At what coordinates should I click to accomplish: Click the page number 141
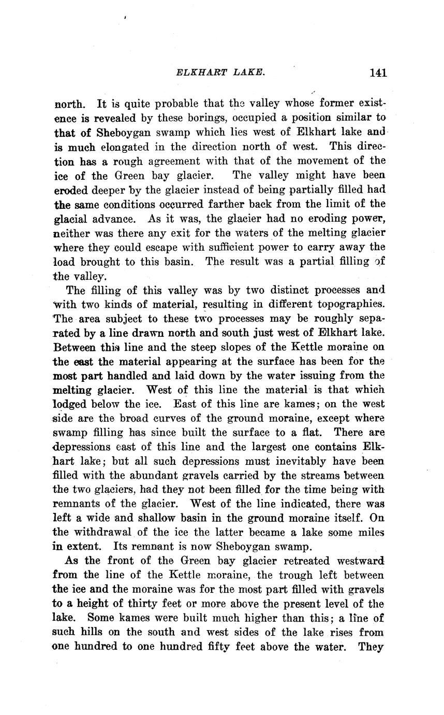tap(378, 73)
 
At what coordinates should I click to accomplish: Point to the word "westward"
tap(361, 561)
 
